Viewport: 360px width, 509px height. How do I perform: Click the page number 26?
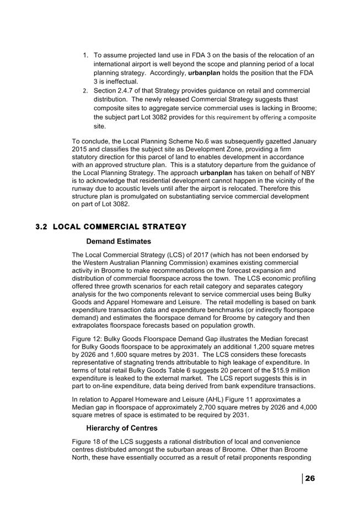[x=310, y=478]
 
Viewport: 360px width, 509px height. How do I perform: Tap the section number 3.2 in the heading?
[x=42, y=227]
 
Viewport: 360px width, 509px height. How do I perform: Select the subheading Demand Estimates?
[x=119, y=241]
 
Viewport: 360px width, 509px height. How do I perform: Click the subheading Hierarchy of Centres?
[x=122, y=428]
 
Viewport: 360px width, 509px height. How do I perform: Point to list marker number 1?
[x=85, y=55]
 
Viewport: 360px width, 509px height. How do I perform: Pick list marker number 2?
[x=85, y=90]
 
